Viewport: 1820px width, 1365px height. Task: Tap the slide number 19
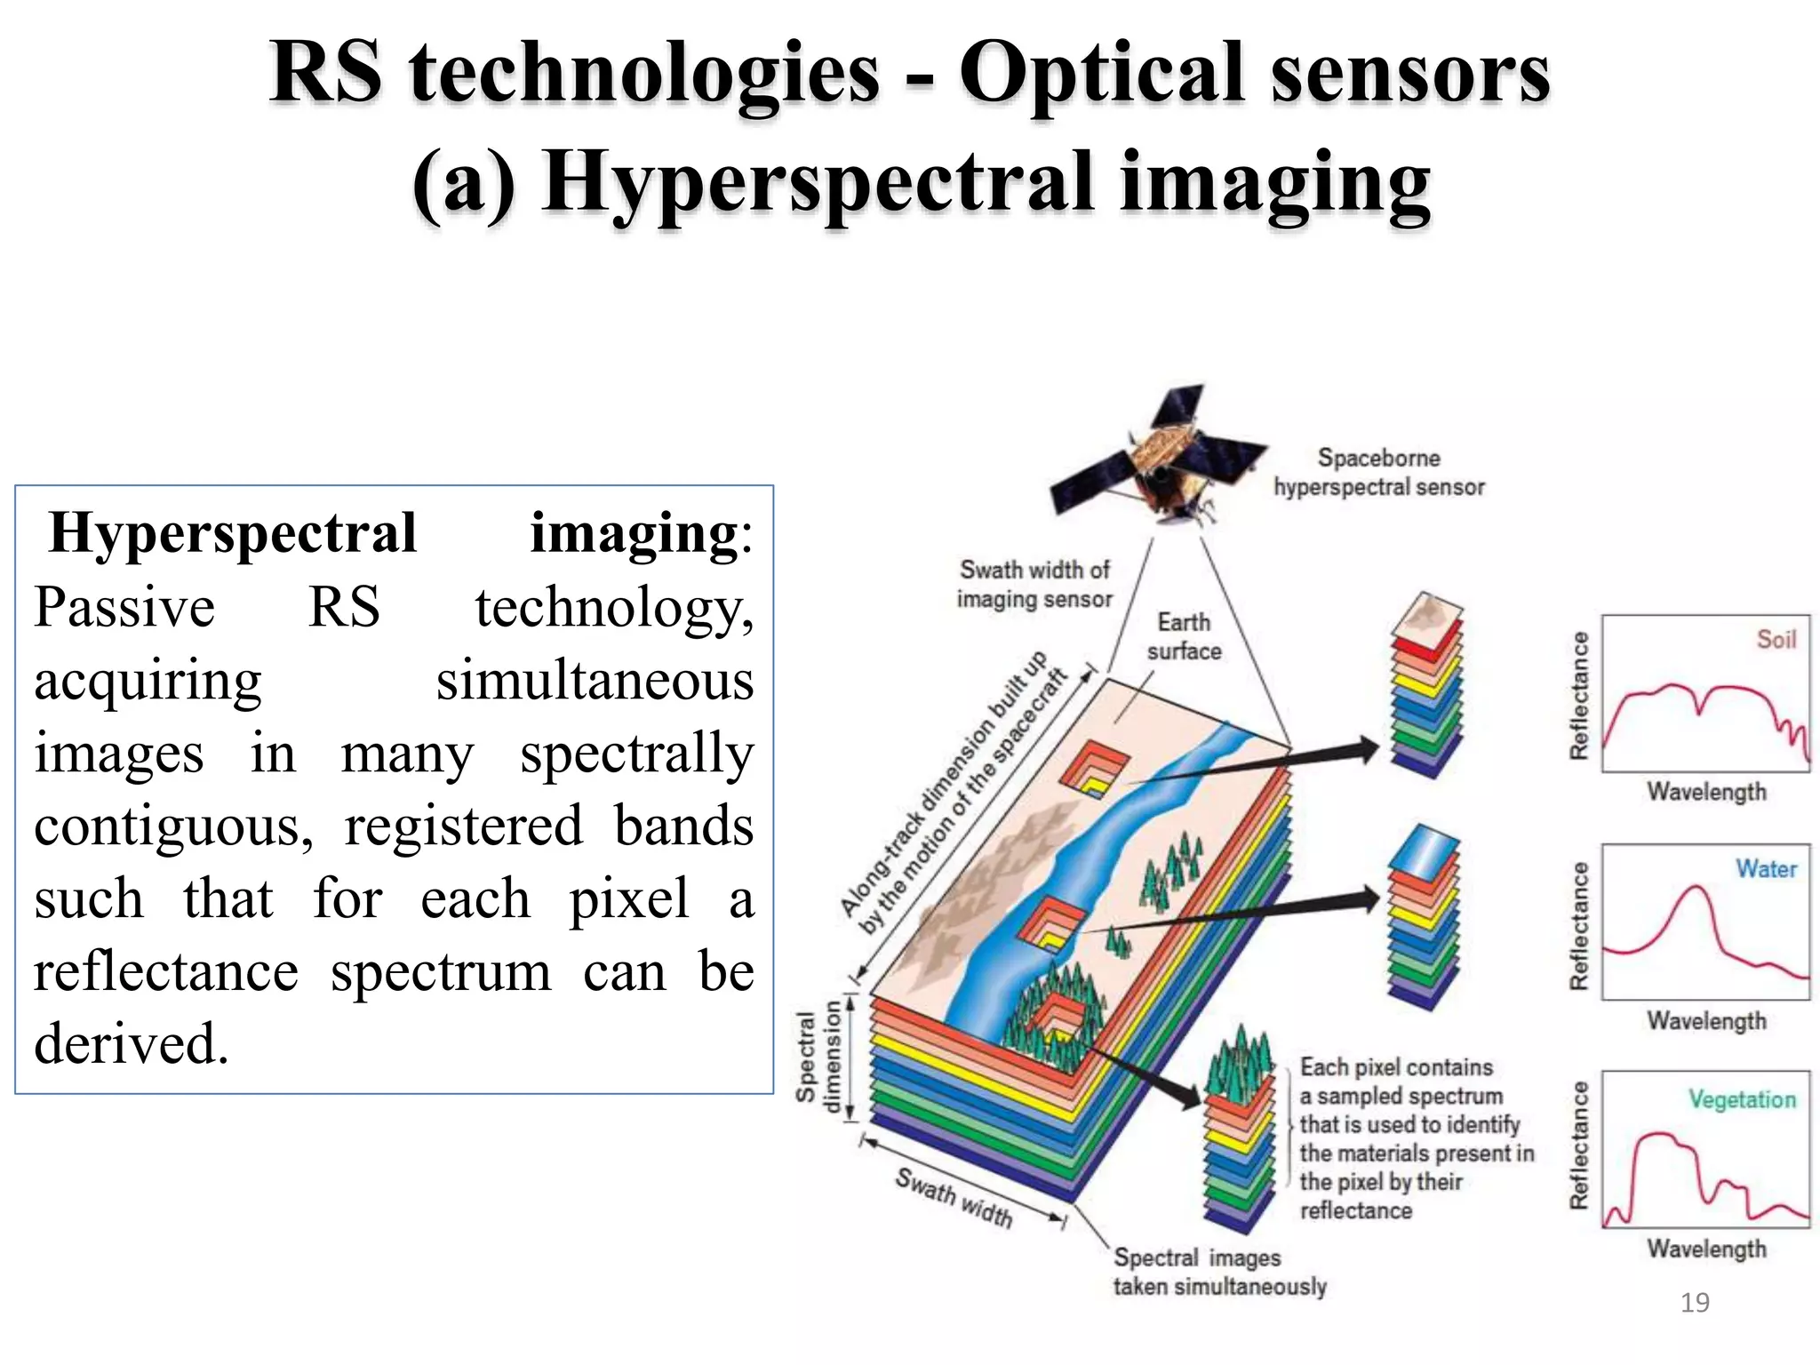pyautogui.click(x=1695, y=1303)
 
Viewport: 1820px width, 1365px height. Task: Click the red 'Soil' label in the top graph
pyautogui.click(x=1776, y=639)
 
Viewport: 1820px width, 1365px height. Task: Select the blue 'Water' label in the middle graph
pyautogui.click(x=1766, y=868)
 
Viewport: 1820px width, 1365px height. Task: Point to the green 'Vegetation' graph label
pyautogui.click(x=1742, y=1099)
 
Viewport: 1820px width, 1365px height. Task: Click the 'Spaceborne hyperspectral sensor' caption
pyautogui.click(x=1378, y=472)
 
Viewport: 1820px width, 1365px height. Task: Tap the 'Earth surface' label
pyautogui.click(x=1184, y=636)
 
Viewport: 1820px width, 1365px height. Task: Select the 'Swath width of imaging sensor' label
pyautogui.click(x=1034, y=584)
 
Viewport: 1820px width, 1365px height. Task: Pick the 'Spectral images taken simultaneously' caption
pyautogui.click(x=1219, y=1272)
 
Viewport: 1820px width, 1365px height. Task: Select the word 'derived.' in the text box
pyautogui.click(x=132, y=1043)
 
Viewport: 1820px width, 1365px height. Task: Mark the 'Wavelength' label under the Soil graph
pyautogui.click(x=1706, y=791)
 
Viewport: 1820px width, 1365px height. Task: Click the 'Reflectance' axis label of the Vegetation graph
pyautogui.click(x=1578, y=1146)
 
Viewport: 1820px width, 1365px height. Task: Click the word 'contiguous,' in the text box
pyautogui.click(x=173, y=826)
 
